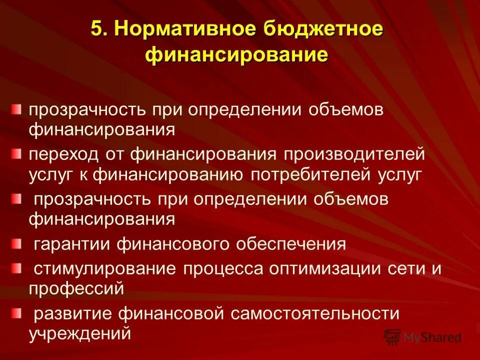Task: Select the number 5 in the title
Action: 98,29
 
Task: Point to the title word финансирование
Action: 237,54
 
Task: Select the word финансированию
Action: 168,174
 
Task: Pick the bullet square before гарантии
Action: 17,243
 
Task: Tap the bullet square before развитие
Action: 17,313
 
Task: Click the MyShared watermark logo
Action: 422,337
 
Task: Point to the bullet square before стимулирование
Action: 17,268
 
